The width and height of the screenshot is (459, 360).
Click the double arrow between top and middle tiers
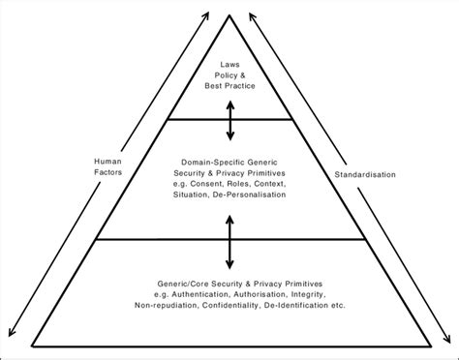[229, 120]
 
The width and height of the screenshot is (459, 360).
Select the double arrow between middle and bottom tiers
[229, 241]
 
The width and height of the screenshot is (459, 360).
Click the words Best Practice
[229, 88]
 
